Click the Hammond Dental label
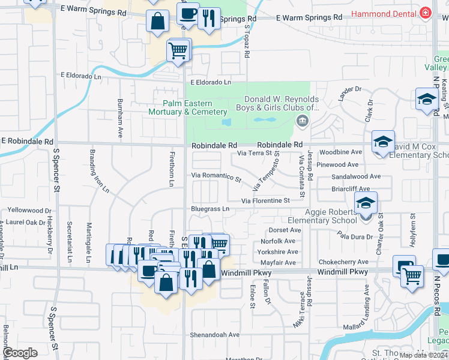(x=384, y=13)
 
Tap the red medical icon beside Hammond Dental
(x=426, y=13)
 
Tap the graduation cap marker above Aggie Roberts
(x=365, y=203)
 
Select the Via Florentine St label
(x=265, y=200)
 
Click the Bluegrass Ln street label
(x=210, y=209)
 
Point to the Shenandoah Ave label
(x=215, y=334)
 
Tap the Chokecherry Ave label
(x=343, y=262)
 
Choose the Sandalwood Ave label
(x=356, y=177)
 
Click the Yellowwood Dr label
(x=29, y=211)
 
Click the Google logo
(x=20, y=353)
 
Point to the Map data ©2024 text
(x=423, y=355)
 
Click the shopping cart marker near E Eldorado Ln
(x=178, y=50)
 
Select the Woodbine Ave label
(x=340, y=152)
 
